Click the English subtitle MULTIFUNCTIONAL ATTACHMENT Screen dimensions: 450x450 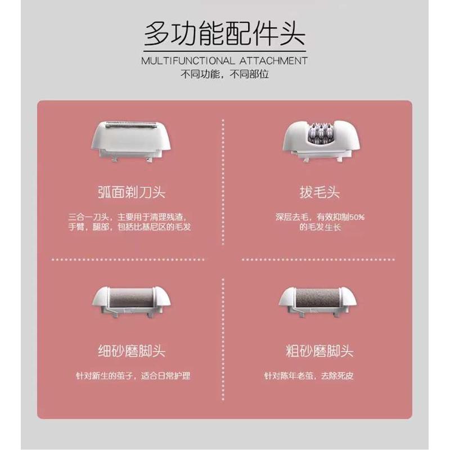[224, 61]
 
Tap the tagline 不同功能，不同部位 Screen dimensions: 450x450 [224, 74]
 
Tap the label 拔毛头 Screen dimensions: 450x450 [320, 193]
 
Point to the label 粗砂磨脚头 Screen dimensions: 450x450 [320, 352]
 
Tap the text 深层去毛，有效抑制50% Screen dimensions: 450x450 [320, 217]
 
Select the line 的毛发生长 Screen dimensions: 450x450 [320, 228]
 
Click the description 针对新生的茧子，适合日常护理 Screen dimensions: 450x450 [133, 375]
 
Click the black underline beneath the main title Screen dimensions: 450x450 [224, 51]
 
